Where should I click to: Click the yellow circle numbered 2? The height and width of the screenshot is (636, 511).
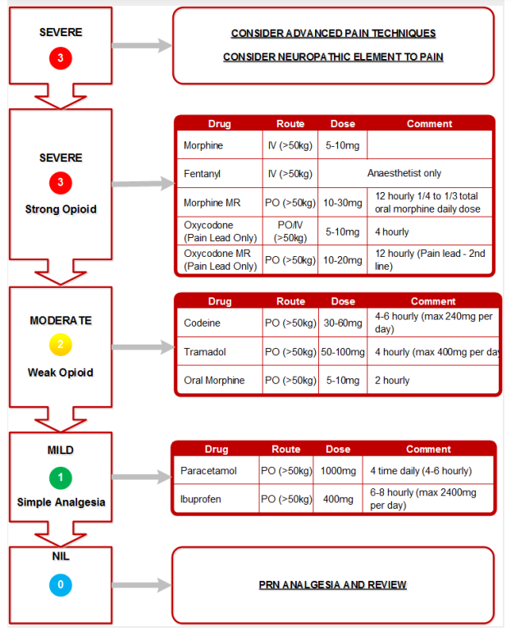point(61,346)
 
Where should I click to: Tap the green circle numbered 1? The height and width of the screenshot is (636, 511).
point(61,477)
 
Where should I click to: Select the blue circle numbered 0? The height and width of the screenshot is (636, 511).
point(61,585)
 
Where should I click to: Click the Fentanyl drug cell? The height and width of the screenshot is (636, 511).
point(203,174)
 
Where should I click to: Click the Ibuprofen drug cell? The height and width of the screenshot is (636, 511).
point(202,498)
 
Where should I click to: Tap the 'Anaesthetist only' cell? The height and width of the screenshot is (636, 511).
point(404,174)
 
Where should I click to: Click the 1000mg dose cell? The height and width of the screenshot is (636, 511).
point(339,470)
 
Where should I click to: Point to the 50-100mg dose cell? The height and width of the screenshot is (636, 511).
point(343,352)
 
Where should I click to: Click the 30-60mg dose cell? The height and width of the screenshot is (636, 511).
point(343,323)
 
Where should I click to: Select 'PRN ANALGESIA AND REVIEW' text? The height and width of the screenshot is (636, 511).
point(333,585)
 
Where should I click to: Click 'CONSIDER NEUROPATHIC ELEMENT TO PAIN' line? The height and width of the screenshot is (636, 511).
point(333,57)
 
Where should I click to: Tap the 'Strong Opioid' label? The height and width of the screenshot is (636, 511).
point(61,209)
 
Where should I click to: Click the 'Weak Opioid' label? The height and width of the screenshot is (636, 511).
point(61,373)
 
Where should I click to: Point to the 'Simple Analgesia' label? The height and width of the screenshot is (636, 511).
point(61,502)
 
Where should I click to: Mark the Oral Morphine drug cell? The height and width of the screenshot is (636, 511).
point(214,381)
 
